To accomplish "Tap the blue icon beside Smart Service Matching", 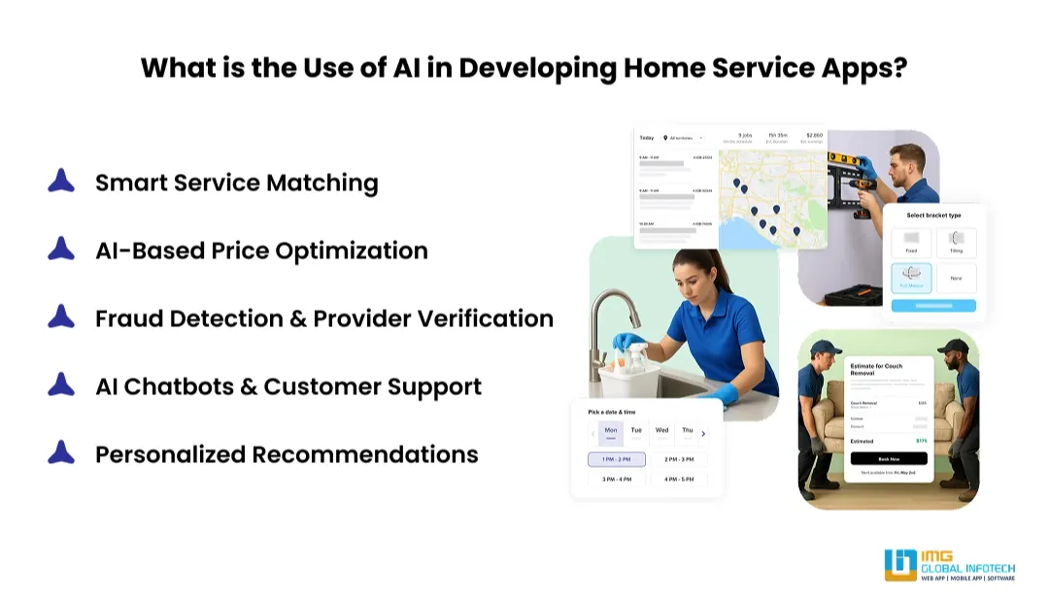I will (x=61, y=182).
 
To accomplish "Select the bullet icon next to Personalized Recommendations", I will (x=61, y=453).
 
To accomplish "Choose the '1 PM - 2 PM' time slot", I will (x=617, y=459).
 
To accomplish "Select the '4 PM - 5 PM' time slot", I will (x=679, y=479).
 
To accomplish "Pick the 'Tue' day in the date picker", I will (x=636, y=431).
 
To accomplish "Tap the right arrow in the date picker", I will (x=704, y=434).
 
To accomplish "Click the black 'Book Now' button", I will (x=888, y=458).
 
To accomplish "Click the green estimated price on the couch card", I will (x=920, y=440).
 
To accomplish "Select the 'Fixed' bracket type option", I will (x=911, y=242).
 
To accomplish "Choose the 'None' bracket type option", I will (x=956, y=278).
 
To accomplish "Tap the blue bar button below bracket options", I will (x=933, y=306).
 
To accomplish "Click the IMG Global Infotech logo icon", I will (x=900, y=565).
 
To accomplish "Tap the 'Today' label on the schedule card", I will (x=647, y=138).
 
